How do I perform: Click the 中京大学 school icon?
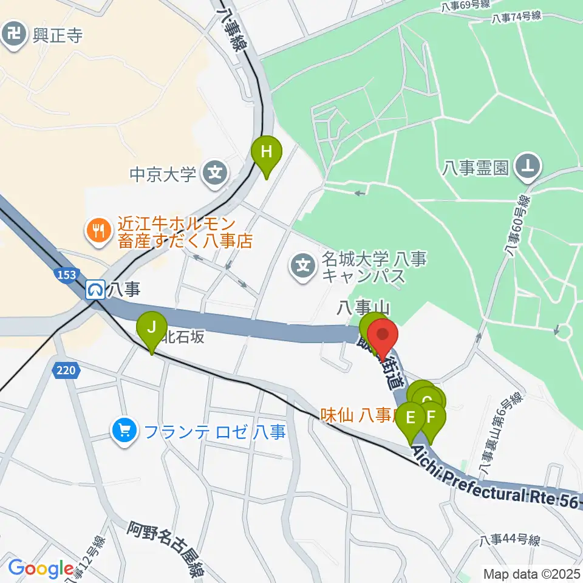point(214,174)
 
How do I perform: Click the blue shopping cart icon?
point(124,432)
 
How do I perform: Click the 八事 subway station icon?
point(95,290)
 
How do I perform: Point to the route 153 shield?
point(68,274)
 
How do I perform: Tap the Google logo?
point(41,568)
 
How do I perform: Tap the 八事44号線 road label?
point(509,540)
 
